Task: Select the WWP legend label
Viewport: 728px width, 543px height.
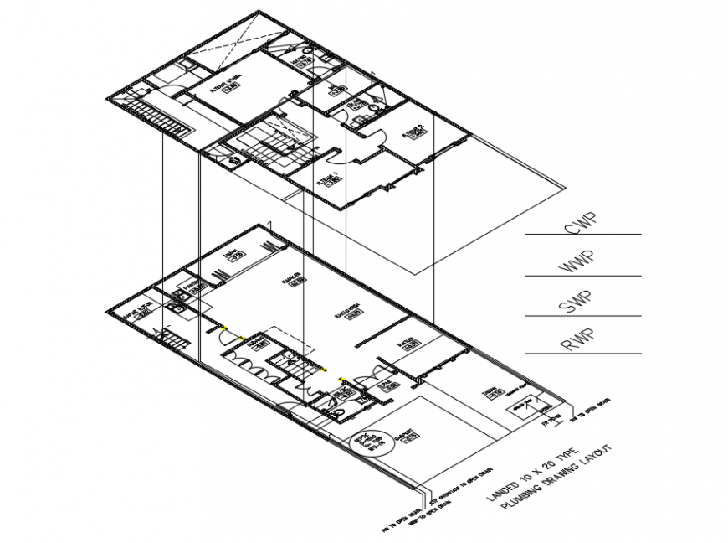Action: (x=575, y=266)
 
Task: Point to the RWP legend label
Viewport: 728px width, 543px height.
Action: (x=575, y=343)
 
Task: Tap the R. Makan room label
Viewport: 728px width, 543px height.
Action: (x=290, y=281)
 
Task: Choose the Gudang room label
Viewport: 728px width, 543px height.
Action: (x=256, y=340)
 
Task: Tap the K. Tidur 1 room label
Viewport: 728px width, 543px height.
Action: (x=327, y=178)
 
